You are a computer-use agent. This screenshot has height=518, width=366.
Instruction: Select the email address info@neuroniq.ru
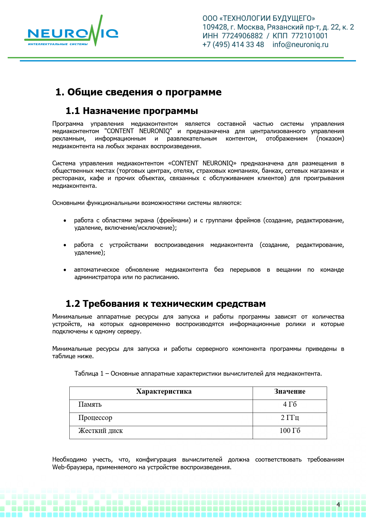point(300,45)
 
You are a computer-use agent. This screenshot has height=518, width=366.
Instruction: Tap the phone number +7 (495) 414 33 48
point(233,45)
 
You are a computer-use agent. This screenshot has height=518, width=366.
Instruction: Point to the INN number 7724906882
point(242,36)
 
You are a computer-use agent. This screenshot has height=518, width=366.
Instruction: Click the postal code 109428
point(215,27)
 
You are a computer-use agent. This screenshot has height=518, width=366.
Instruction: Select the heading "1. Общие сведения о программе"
point(138,92)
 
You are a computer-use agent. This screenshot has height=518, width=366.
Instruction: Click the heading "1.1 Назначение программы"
point(132,111)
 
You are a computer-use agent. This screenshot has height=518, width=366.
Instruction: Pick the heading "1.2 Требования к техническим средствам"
point(166,304)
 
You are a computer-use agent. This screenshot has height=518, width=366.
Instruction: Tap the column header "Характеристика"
point(164,392)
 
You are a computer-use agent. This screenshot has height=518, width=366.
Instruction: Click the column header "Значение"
point(290,392)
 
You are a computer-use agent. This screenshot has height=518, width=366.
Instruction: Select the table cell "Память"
point(90,405)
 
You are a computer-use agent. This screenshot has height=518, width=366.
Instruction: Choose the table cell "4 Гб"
point(290,405)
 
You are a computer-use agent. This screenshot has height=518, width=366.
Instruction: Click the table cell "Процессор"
point(95,418)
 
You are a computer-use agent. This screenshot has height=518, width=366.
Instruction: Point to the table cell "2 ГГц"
point(290,418)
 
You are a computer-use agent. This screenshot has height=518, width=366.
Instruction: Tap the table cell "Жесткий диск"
point(101,431)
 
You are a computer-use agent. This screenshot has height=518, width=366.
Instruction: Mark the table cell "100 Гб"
point(290,431)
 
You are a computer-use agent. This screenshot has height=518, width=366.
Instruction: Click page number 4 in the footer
point(338,505)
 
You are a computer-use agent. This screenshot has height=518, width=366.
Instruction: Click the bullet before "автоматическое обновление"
point(65,270)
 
